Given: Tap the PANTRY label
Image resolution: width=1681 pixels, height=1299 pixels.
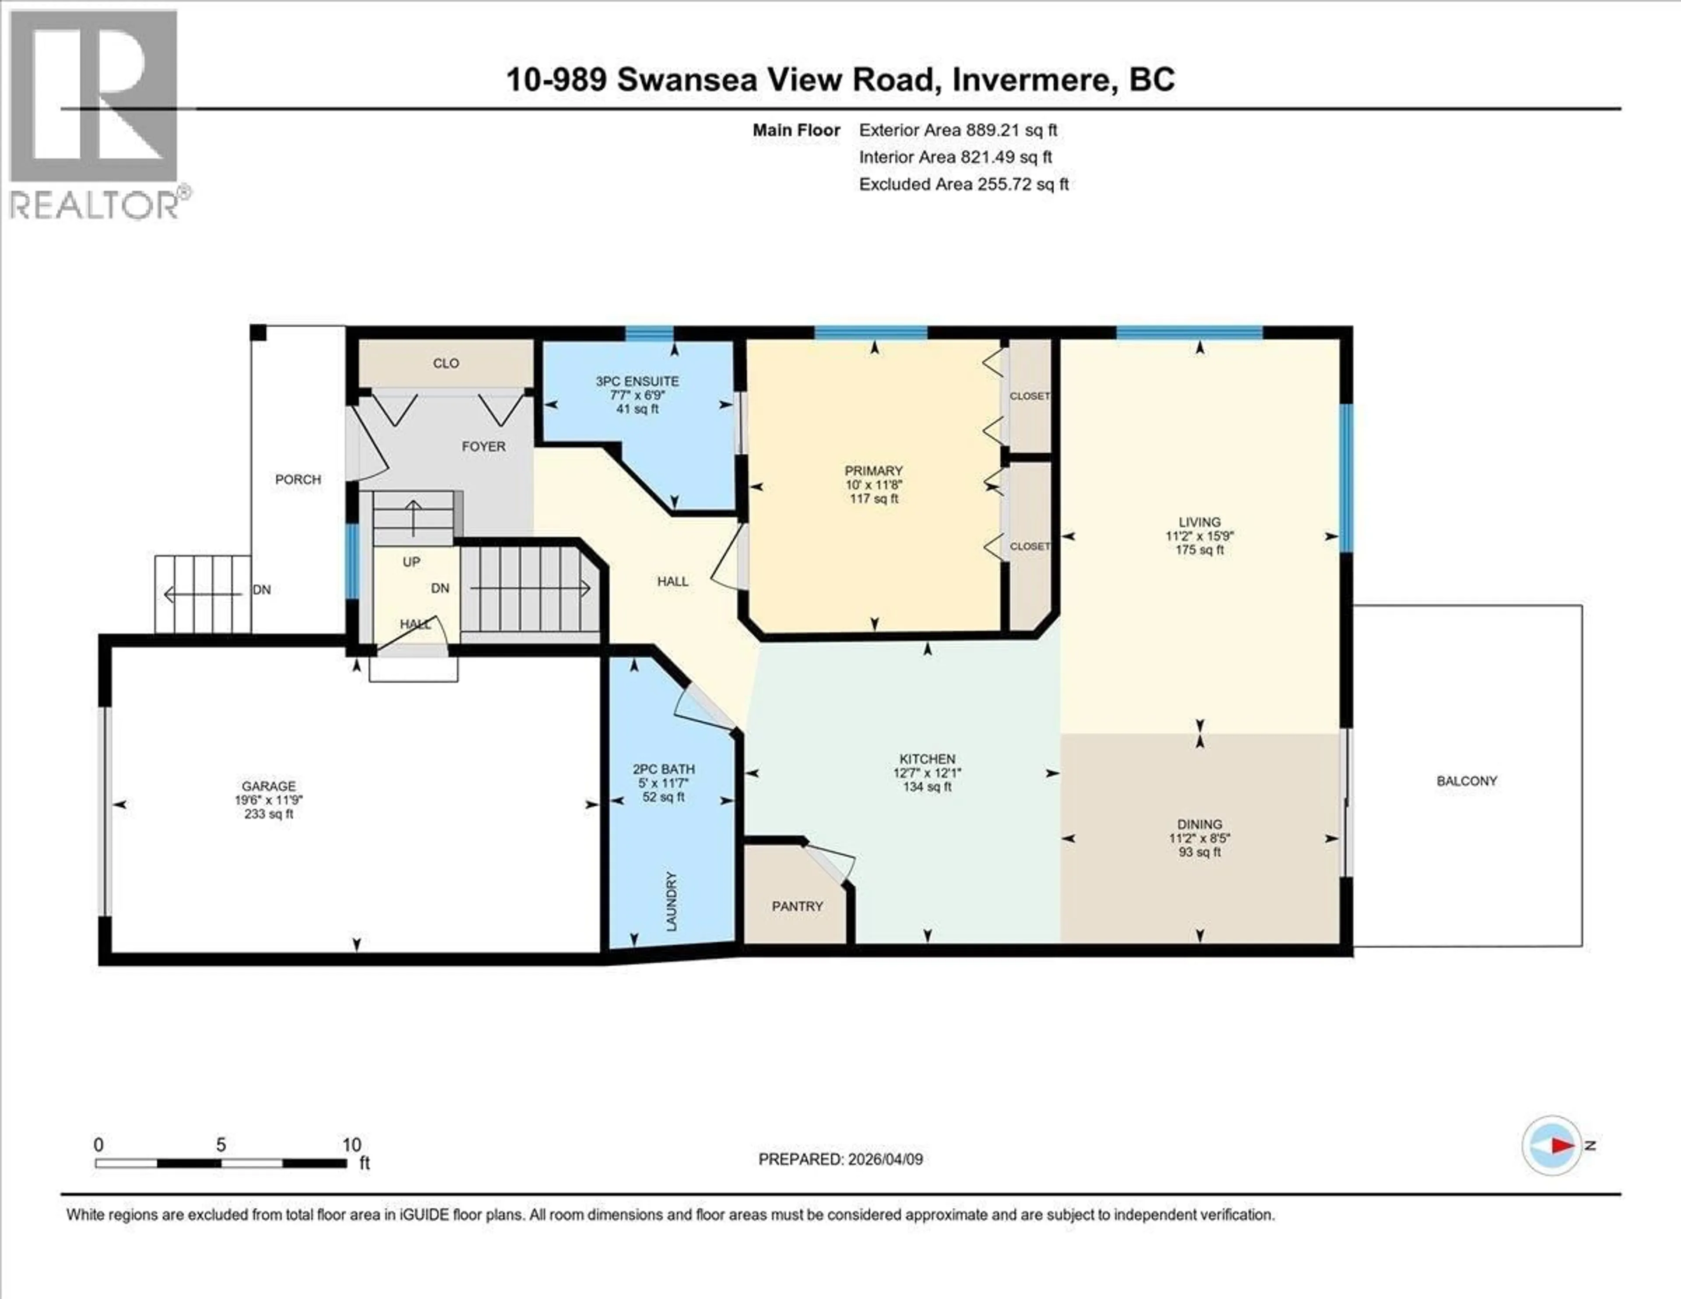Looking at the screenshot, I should (x=798, y=906).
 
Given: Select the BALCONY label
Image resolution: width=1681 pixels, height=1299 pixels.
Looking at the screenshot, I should (x=1466, y=781).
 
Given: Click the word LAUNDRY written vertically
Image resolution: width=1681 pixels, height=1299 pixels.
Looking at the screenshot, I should (x=671, y=901).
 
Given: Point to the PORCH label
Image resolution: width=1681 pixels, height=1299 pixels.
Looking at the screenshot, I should (x=298, y=479).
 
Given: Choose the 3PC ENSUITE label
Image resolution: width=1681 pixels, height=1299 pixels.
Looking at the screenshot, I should (x=637, y=381).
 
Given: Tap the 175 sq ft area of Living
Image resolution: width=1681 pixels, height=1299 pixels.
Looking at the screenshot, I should (x=1199, y=550).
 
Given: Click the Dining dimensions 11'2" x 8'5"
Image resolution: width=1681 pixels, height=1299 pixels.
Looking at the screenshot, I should (x=1199, y=839).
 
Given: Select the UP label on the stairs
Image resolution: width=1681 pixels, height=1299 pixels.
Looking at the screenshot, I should (x=411, y=562).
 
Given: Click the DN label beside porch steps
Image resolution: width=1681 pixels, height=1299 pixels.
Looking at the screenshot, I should (x=262, y=590).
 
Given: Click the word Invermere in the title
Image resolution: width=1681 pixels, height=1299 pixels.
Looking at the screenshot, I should (x=1034, y=80).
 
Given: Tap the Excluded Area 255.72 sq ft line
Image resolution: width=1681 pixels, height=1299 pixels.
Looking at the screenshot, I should (x=964, y=184).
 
